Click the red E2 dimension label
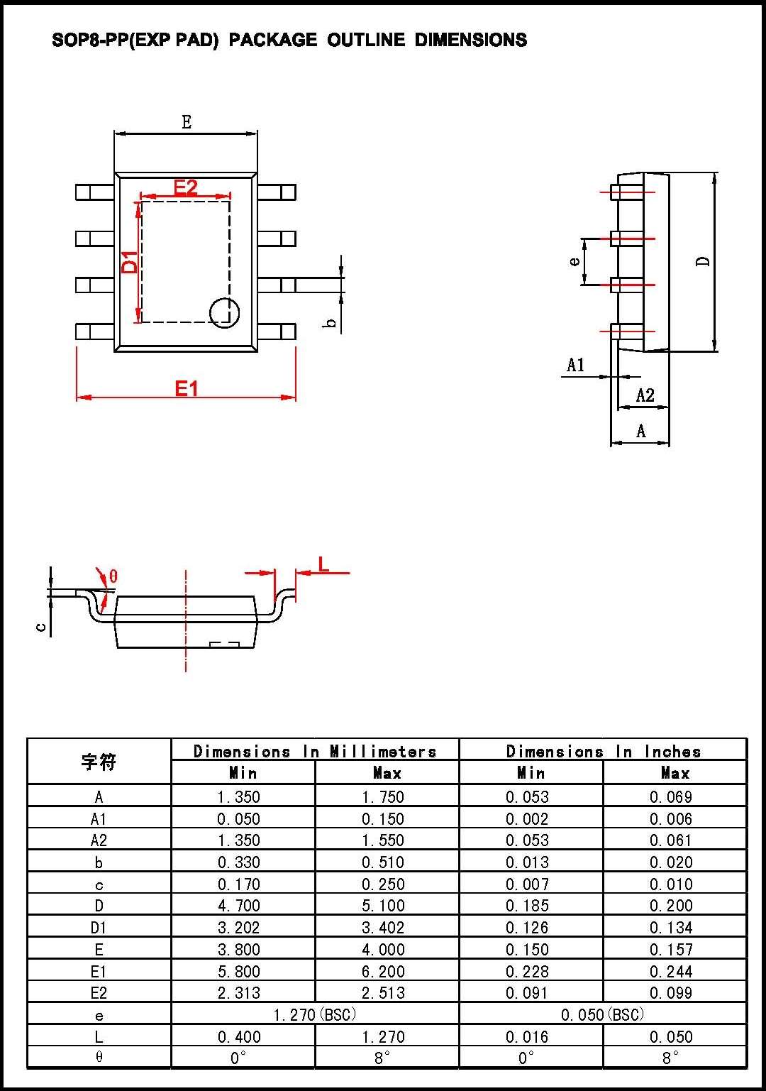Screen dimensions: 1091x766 [186, 187]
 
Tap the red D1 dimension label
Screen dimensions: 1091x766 [130, 262]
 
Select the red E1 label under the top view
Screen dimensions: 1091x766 [187, 388]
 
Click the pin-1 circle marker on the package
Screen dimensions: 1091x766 [224, 312]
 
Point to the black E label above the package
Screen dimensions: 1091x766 [187, 122]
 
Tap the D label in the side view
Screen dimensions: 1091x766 [703, 261]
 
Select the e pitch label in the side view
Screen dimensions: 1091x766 [574, 261]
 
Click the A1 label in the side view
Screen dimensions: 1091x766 [575, 365]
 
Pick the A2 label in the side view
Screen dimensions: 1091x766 [645, 395]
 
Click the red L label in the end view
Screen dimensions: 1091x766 [323, 564]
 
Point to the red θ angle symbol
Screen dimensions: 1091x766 [113, 576]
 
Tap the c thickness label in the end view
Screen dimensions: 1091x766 [41, 627]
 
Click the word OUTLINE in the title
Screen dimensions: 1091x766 [366, 40]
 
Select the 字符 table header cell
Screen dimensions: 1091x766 [99, 762]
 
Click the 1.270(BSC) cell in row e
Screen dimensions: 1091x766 [315, 1014]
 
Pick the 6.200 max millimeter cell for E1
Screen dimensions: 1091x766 [383, 971]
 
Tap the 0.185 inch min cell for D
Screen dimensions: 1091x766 [527, 906]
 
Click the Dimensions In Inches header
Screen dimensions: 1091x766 [603, 751]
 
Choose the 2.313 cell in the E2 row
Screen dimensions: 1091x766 [239, 992]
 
